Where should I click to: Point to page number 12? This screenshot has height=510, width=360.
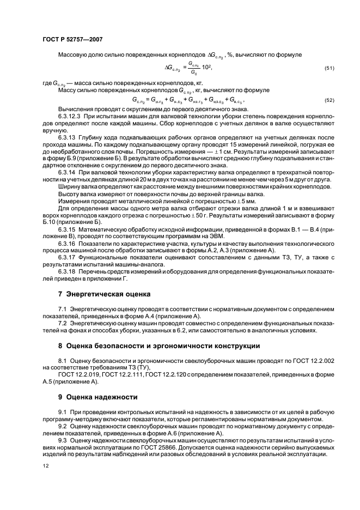[x=46, y=466]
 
